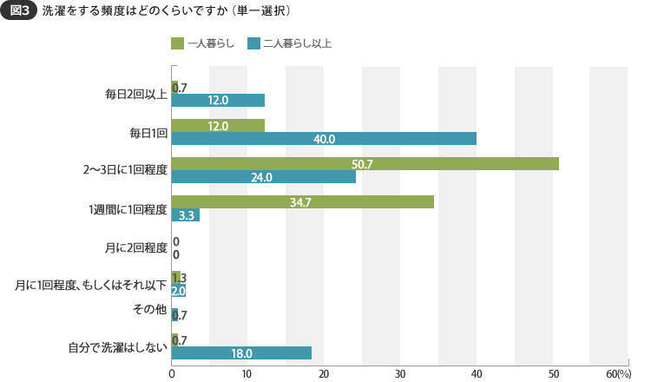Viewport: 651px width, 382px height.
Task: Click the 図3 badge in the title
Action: pos(19,12)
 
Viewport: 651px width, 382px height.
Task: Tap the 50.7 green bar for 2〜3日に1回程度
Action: pos(365,164)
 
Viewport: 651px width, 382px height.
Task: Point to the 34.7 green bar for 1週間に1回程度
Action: pos(303,201)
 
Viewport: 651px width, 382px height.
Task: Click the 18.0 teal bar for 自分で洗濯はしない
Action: pos(241,352)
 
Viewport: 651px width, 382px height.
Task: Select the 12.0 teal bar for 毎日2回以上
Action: pos(218,101)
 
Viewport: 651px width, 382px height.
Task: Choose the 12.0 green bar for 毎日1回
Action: pos(218,126)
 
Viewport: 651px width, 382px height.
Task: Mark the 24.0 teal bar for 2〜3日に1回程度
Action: pos(264,176)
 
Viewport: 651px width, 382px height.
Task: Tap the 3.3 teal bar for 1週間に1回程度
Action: pos(186,214)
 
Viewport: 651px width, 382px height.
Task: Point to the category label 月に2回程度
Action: pos(135,247)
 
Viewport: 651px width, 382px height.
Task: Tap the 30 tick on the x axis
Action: pos(400,373)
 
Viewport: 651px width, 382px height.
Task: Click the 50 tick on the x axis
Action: pos(552,373)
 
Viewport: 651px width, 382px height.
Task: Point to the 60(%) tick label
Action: pos(620,373)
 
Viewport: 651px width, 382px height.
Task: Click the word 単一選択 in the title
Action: pos(261,12)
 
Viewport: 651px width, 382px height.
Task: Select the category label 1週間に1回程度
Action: pos(127,208)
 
